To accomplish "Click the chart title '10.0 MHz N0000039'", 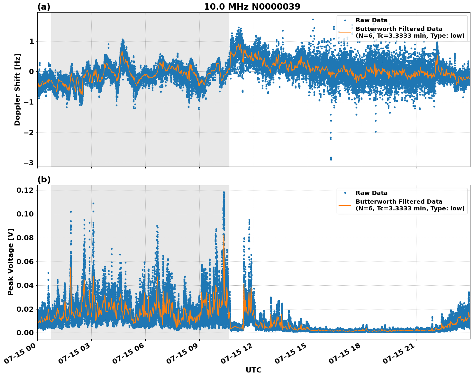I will (252, 7).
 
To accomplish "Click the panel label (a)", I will (44, 7).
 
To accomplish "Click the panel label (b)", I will (44, 179).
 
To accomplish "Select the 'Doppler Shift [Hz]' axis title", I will (17, 89).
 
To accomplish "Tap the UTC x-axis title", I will (253, 370).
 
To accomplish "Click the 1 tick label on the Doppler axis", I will (32, 41).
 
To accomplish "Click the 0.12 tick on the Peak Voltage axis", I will (25, 190).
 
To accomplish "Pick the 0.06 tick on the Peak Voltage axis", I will (25, 262).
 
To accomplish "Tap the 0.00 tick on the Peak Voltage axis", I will (25, 333).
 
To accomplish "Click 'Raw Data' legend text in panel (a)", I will (371, 21).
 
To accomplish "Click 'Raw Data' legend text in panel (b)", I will (371, 193).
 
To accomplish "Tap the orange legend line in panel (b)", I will (345, 205).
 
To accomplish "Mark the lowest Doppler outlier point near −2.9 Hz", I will (331, 159).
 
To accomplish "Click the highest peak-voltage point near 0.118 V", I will (224, 192).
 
